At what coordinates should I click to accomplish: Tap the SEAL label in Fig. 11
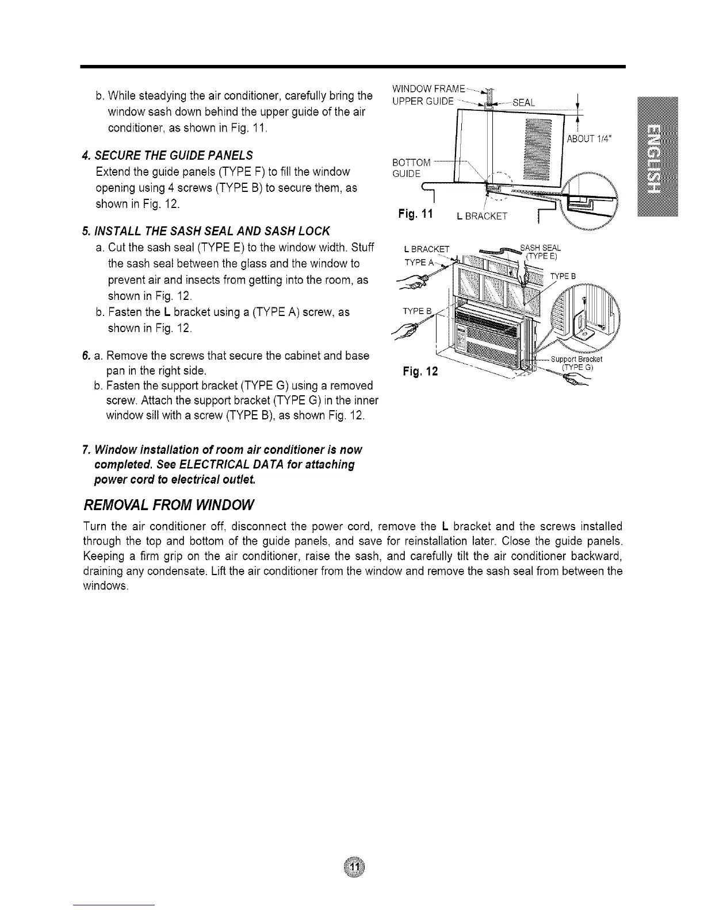[x=523, y=102]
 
